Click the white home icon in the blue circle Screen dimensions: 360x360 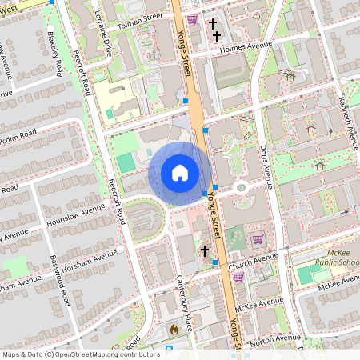click(x=180, y=173)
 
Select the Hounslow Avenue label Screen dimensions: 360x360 click(x=76, y=212)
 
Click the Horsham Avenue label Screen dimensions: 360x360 click(x=89, y=261)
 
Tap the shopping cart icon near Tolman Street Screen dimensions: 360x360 click(x=192, y=18)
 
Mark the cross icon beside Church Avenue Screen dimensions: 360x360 click(x=205, y=251)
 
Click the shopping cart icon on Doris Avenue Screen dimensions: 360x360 click(x=258, y=238)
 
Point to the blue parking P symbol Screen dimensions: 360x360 click(x=168, y=348)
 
